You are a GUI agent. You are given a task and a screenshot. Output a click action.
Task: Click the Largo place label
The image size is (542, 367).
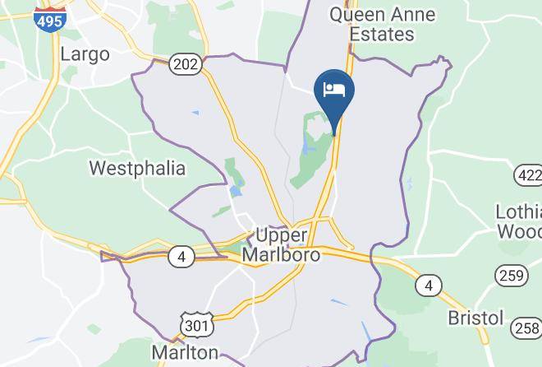pyautogui.click(x=85, y=55)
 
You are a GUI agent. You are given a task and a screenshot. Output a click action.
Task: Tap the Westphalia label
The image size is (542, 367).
pyautogui.click(x=136, y=169)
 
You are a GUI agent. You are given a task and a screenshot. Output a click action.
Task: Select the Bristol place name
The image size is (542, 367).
pyautogui.click(x=475, y=318)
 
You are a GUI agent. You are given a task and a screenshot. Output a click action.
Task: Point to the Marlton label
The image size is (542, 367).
pyautogui.click(x=185, y=352)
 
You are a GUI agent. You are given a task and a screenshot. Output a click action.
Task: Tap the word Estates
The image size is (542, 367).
pyautogui.click(x=382, y=35)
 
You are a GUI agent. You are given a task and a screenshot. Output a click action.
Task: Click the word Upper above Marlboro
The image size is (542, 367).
pyautogui.click(x=281, y=235)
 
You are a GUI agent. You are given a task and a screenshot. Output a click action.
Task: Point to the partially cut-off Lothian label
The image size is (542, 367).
pyautogui.click(x=519, y=211)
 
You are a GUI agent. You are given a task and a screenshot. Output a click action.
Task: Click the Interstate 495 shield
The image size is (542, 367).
pyautogui.click(x=49, y=17)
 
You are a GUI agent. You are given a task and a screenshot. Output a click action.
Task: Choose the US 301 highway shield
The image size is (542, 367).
pyautogui.click(x=197, y=326)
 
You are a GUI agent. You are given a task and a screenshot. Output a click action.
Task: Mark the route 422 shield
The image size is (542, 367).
pyautogui.click(x=529, y=174)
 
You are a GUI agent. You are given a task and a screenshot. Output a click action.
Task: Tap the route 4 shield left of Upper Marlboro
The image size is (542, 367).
pyautogui.click(x=181, y=258)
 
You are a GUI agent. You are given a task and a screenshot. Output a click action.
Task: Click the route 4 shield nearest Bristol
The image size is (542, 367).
pyautogui.click(x=427, y=286)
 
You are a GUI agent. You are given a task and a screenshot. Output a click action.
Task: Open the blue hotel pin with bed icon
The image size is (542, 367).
pyautogui.click(x=333, y=91)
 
